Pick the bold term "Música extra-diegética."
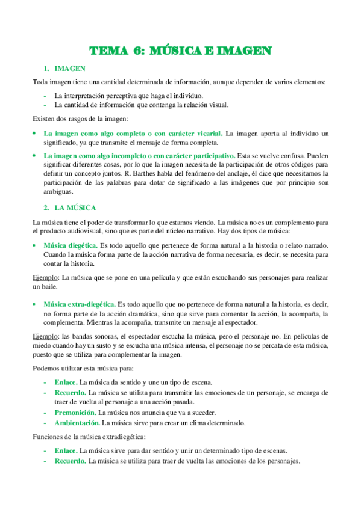80,304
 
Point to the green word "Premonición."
75,413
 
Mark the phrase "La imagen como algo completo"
93,132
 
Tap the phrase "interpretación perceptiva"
100,95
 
